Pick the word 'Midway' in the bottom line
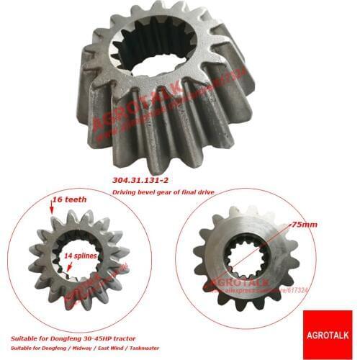(91, 347)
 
